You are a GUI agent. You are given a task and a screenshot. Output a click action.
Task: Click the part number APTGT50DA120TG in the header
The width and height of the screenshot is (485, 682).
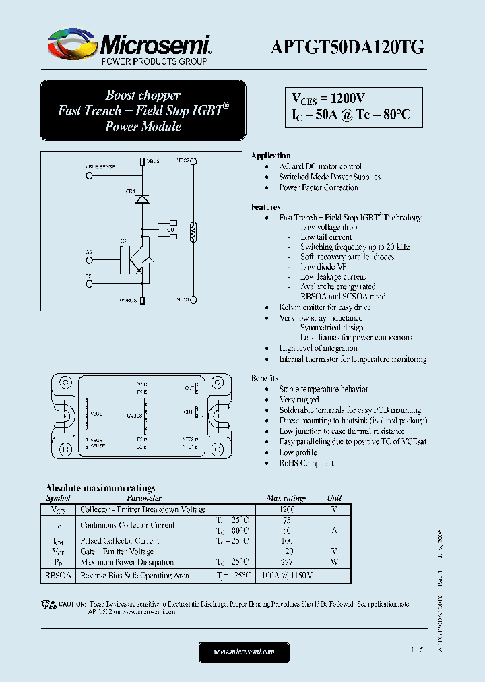(347, 46)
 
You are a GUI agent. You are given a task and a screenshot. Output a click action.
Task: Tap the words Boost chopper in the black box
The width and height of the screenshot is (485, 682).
(143, 95)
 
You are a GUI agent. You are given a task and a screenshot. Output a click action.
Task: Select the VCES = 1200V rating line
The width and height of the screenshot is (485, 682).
(328, 98)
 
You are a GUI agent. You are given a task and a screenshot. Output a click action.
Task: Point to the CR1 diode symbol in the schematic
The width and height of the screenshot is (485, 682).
(141, 199)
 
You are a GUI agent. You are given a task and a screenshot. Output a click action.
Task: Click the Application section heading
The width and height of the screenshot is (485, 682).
(270, 156)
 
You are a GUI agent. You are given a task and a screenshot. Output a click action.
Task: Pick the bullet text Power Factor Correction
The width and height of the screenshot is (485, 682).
(319, 187)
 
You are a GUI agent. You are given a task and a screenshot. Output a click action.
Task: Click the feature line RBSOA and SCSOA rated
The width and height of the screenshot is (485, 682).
(343, 296)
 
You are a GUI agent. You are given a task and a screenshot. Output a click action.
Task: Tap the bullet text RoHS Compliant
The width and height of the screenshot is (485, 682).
(306, 463)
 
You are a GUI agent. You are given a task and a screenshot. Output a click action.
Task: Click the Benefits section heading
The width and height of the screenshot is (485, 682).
(265, 378)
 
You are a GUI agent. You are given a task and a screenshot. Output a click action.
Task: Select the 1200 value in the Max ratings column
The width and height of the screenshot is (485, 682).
(287, 509)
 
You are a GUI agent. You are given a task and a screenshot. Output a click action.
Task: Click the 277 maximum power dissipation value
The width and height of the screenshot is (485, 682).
(287, 561)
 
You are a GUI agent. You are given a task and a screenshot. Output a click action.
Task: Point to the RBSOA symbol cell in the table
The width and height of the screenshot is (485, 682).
(58, 576)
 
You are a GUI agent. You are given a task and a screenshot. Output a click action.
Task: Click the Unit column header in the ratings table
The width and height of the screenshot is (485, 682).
(334, 498)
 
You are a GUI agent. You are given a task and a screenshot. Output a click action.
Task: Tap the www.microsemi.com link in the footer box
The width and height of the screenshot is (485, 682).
(244, 652)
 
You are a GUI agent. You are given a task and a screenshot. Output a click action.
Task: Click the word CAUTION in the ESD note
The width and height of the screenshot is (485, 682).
(72, 604)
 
